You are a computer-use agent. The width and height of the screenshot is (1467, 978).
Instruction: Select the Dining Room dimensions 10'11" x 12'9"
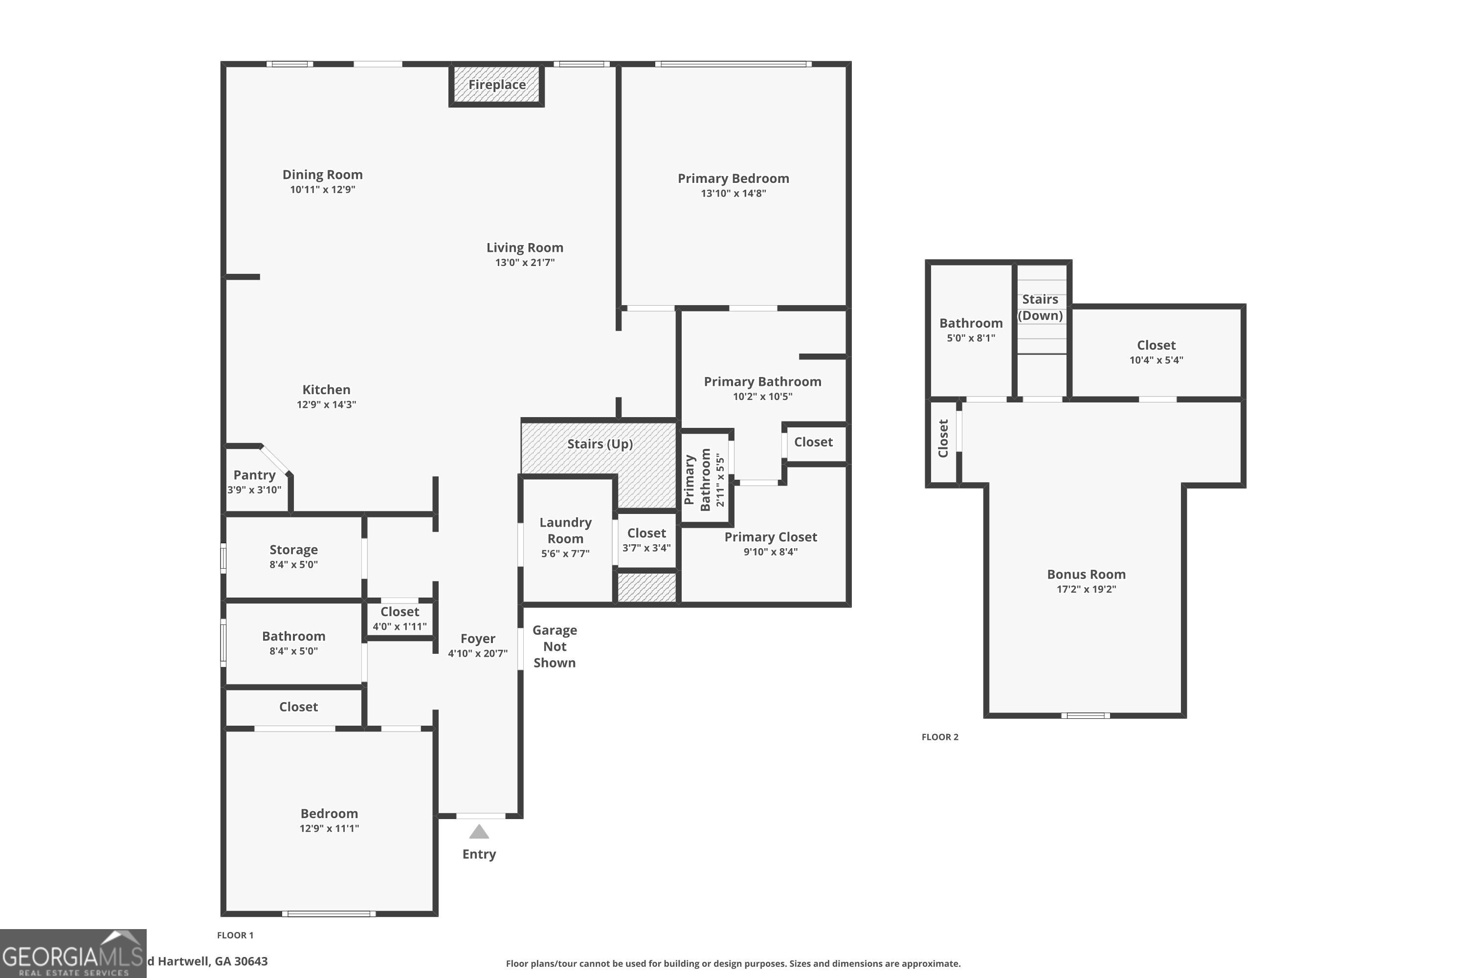[x=322, y=190]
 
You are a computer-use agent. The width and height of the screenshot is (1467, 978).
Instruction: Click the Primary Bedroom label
[x=733, y=178]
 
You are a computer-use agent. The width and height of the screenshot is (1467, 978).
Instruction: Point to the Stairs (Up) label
[x=600, y=444]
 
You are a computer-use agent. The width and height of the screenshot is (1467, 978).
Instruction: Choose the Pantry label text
[x=254, y=475]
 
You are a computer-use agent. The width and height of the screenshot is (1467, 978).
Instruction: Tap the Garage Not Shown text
[x=555, y=647]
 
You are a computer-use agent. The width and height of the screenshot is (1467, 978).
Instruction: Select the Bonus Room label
[x=1086, y=575]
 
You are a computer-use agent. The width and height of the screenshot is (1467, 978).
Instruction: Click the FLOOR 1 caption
[x=235, y=935]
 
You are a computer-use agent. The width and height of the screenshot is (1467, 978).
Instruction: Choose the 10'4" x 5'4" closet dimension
[x=1156, y=360]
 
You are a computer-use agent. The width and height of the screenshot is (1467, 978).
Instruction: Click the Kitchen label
[x=326, y=390]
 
